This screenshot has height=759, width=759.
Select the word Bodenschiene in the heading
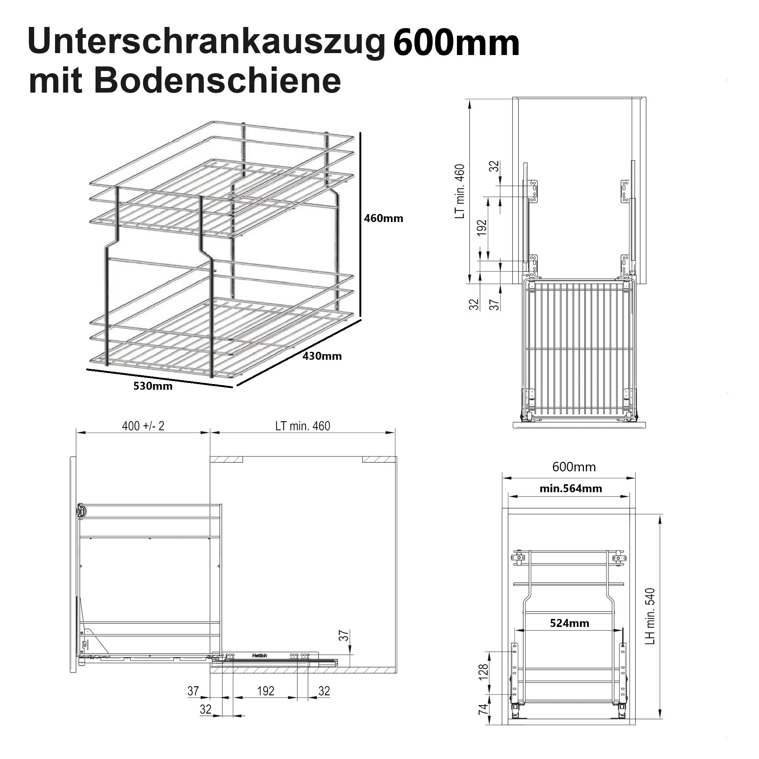[x=217, y=81]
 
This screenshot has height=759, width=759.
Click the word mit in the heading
[x=55, y=81]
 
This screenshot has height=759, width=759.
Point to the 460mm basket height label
[x=383, y=219]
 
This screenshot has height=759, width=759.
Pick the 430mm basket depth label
[x=322, y=356]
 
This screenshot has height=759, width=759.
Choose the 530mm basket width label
[x=153, y=386]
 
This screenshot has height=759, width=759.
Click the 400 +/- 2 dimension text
[x=143, y=426]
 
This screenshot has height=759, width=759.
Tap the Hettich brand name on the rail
[x=260, y=656]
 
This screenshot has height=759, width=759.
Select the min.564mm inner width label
[x=570, y=489]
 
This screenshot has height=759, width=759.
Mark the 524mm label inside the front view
[x=569, y=624]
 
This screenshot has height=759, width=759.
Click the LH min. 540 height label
[x=650, y=616]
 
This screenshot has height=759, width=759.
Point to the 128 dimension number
[x=483, y=672]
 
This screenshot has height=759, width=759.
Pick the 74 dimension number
[x=483, y=709]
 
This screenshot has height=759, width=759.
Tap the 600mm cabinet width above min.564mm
[x=573, y=467]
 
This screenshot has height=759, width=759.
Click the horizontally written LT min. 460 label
[x=302, y=426]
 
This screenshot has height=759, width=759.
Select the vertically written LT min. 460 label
[x=460, y=191]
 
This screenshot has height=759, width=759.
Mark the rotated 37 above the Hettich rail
[x=344, y=636]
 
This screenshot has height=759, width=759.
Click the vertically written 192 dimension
[x=482, y=228]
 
